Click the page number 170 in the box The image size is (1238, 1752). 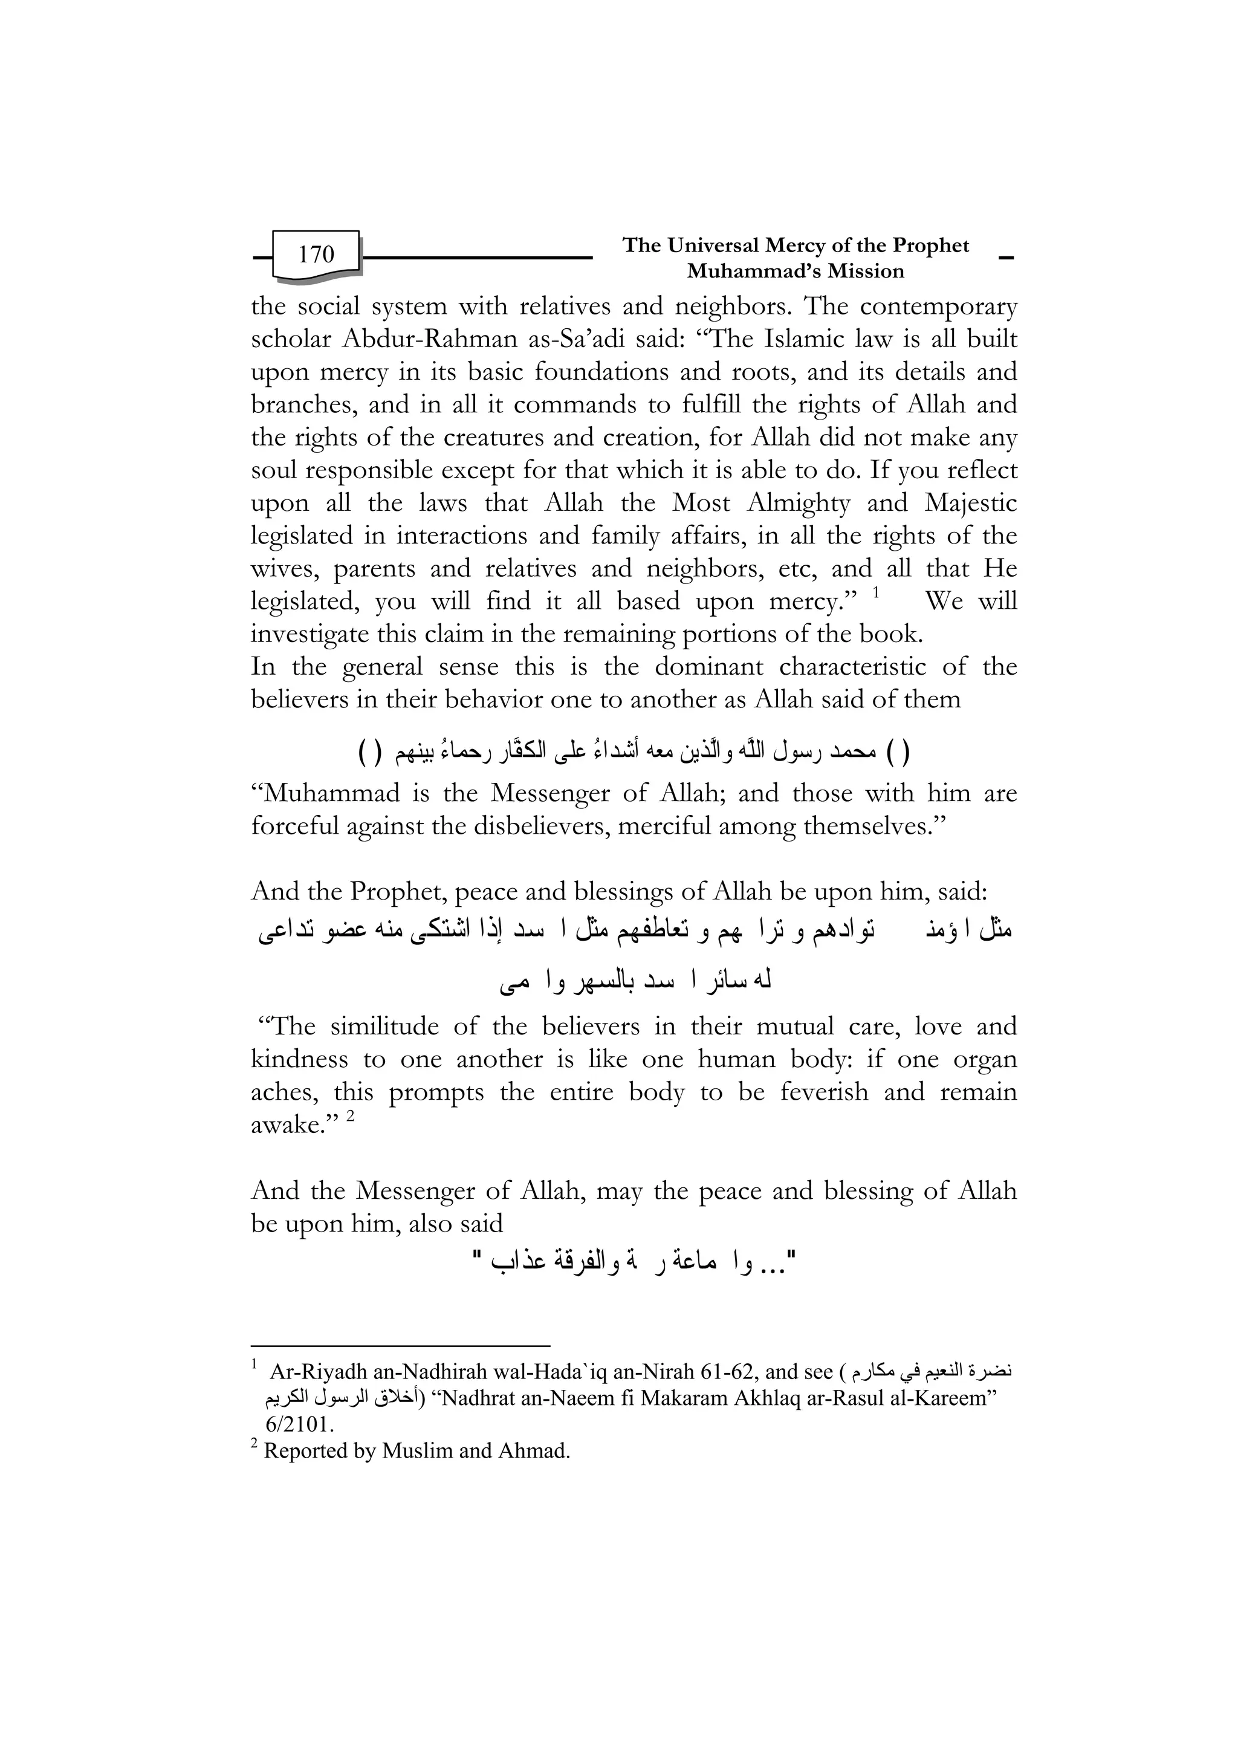[316, 254]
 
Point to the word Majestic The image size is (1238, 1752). [970, 504]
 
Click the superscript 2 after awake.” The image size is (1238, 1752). [350, 1117]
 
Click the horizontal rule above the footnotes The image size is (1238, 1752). [400, 1347]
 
